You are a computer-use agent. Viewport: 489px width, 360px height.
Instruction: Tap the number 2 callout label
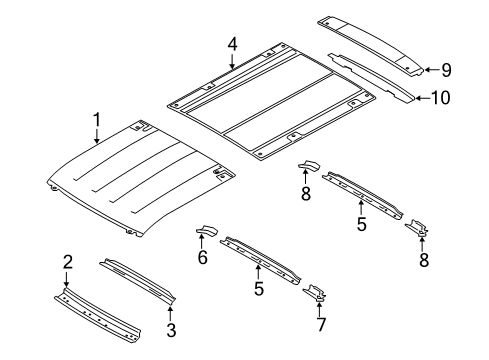(67, 262)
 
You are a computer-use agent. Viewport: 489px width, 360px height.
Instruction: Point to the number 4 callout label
(231, 44)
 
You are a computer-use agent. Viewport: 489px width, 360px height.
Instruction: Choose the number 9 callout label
(446, 70)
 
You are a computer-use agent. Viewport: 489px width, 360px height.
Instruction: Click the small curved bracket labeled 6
(207, 233)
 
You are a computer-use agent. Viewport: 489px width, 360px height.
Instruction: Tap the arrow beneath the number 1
(96, 138)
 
